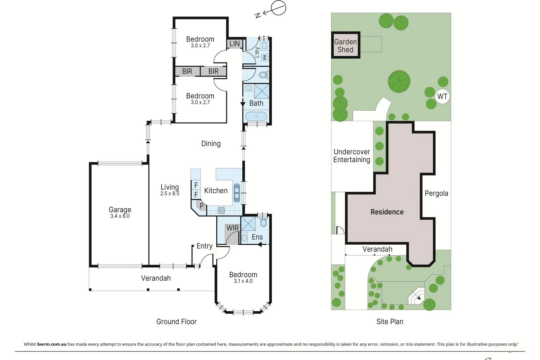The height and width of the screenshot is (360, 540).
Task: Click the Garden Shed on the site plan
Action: [346, 45]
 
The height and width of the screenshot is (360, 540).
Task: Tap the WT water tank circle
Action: [442, 96]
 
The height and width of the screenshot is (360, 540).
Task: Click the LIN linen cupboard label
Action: [235, 44]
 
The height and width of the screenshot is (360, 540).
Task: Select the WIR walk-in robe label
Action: [233, 228]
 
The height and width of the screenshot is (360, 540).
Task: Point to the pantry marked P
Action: [201, 205]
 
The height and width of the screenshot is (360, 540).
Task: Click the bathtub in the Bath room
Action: [256, 117]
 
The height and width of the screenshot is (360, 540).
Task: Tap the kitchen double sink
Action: [237, 193]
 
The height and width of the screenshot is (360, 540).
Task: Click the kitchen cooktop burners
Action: [221, 211]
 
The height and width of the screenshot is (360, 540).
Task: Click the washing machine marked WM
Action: [265, 57]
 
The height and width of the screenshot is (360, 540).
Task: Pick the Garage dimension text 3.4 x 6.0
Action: [120, 216]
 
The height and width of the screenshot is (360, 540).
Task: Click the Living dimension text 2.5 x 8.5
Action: [170, 194]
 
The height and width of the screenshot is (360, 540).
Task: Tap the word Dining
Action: [211, 144]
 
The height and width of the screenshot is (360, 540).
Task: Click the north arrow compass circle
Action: [278, 8]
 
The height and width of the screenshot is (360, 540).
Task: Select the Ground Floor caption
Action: [177, 322]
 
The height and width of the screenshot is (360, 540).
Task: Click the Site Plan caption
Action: [390, 322]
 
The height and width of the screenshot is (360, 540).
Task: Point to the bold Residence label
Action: [387, 212]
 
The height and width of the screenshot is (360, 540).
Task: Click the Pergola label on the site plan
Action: [436, 193]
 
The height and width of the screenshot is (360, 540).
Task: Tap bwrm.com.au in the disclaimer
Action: [52, 344]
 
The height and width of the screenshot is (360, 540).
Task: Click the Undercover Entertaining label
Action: [352, 156]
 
